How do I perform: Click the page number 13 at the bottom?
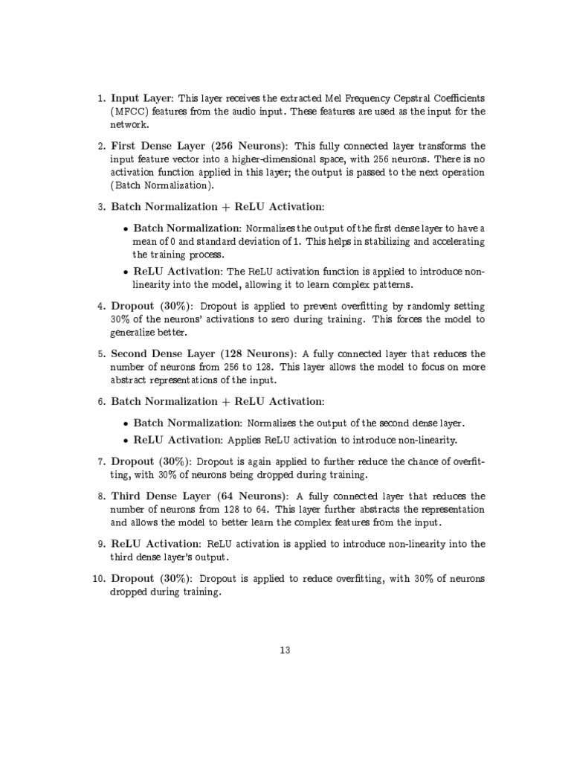point(285,650)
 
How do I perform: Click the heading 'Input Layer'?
point(141,97)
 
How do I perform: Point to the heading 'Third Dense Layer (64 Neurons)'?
point(196,496)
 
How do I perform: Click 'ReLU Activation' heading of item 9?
point(157,544)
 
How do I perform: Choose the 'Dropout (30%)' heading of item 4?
point(153,306)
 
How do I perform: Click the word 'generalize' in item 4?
point(135,333)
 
